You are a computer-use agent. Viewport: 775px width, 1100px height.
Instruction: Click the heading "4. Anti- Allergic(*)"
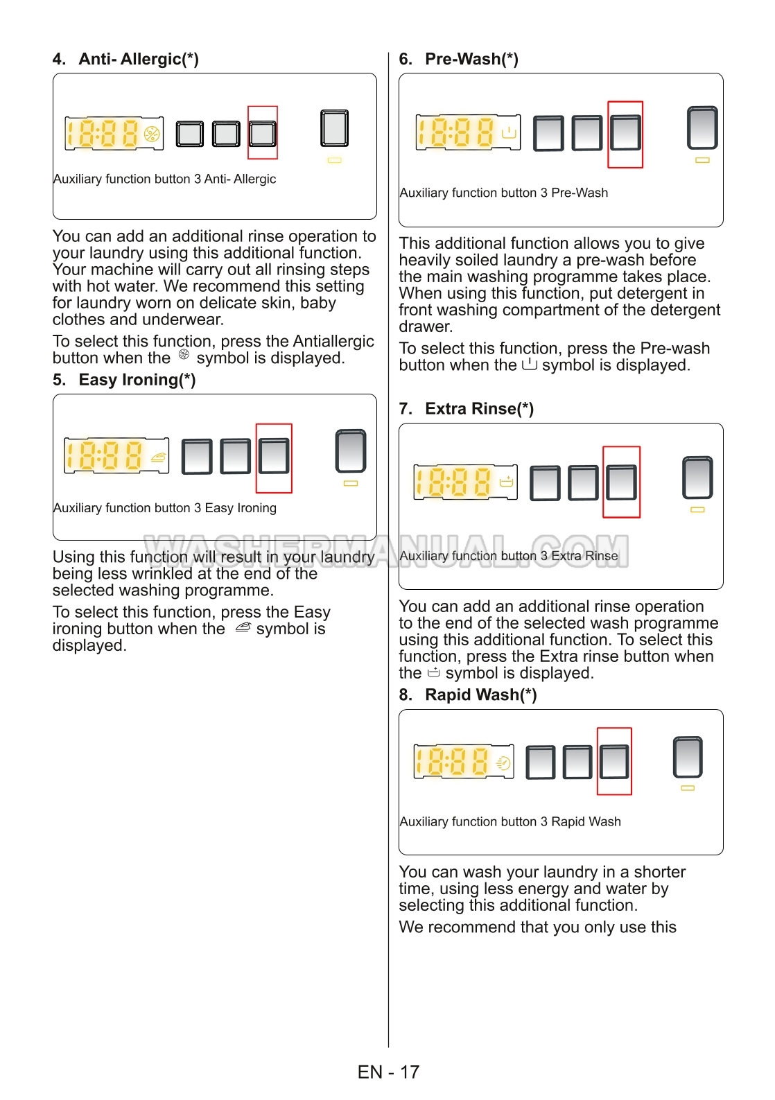point(125,60)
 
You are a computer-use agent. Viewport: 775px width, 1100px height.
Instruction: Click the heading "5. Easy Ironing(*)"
point(124,381)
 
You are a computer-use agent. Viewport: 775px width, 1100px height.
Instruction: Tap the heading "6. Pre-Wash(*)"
point(458,60)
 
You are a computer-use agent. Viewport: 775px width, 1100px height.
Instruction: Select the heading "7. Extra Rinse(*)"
point(466,409)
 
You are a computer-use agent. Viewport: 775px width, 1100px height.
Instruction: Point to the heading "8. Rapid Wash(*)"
point(467,695)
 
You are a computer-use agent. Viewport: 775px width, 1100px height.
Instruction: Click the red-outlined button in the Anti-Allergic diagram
point(263,133)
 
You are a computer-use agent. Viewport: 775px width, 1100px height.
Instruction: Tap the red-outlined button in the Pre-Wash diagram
point(625,134)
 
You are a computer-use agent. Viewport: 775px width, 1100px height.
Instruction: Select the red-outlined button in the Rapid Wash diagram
point(614,762)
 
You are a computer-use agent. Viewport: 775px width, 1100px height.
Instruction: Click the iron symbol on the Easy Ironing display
point(159,457)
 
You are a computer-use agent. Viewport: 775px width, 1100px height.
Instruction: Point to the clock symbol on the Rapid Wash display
point(504,763)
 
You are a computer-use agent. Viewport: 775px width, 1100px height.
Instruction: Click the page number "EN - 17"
point(388,1072)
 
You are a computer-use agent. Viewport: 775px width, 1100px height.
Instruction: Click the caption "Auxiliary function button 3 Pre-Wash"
point(504,193)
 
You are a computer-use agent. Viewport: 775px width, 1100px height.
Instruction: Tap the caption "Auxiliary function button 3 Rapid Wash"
point(510,822)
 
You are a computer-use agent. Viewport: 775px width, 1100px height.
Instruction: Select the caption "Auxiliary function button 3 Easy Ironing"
point(165,509)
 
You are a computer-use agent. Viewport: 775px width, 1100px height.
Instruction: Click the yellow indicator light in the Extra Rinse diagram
point(697,510)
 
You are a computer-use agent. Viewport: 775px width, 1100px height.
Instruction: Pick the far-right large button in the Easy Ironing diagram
point(351,451)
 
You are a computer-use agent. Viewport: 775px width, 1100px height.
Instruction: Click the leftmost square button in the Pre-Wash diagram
point(548,134)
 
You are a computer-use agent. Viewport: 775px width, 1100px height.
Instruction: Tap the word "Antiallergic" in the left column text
point(333,342)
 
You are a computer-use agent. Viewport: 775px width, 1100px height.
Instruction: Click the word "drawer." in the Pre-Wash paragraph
point(426,327)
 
